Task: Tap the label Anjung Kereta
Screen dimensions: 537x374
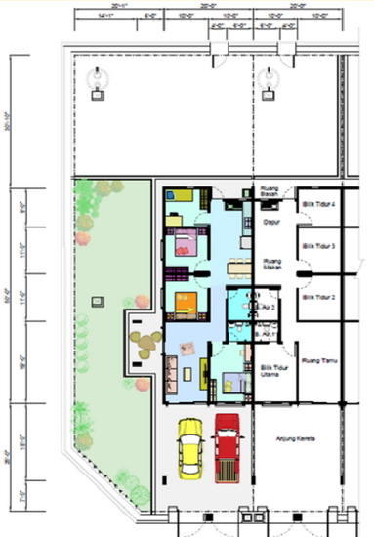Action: click(297, 437)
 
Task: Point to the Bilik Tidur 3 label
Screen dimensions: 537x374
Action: click(318, 247)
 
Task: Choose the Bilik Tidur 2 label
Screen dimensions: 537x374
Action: click(318, 297)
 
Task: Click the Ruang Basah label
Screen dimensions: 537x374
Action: click(270, 191)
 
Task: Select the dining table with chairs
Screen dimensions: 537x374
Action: click(234, 265)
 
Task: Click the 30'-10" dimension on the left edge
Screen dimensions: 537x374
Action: click(10, 119)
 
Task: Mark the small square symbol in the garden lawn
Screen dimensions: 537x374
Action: click(96, 303)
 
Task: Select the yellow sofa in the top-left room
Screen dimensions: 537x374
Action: click(182, 196)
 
